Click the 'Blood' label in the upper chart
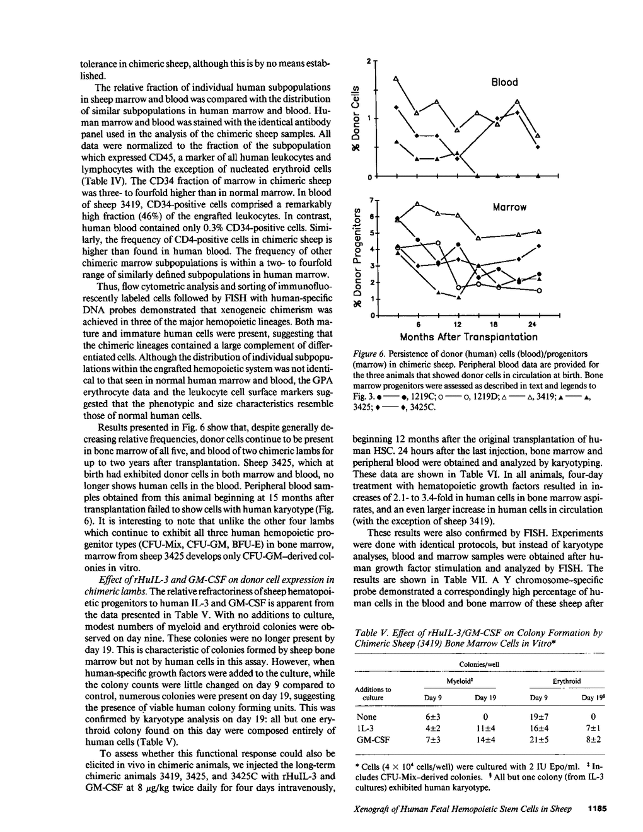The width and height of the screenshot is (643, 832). coord(504,82)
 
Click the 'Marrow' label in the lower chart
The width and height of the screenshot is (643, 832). coord(509,207)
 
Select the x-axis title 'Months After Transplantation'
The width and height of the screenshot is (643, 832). coord(468,337)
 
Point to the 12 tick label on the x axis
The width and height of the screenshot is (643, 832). coord(458,325)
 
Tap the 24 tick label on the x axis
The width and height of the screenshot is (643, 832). coord(531,325)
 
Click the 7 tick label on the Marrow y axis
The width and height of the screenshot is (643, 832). coord(371,200)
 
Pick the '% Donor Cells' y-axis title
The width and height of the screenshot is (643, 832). coord(357,115)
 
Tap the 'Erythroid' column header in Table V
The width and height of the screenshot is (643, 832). coord(567,681)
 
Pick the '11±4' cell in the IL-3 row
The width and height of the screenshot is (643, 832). coord(485,728)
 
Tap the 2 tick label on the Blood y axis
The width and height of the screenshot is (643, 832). coord(369,62)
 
